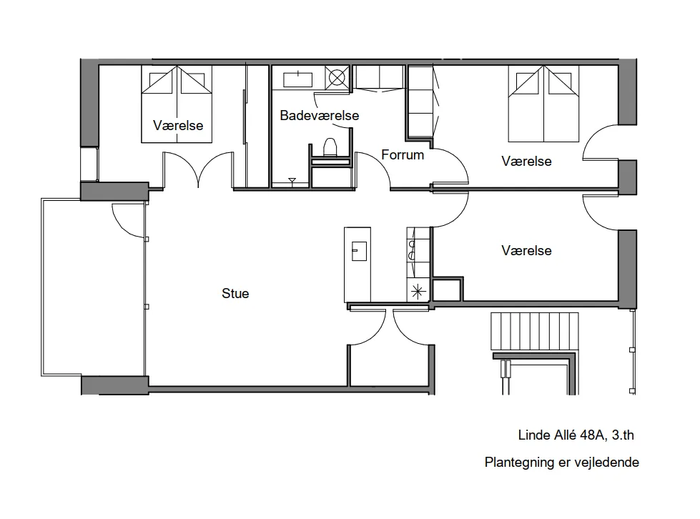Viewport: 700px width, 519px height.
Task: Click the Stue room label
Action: [235, 293]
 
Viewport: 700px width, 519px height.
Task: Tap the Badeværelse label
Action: [319, 115]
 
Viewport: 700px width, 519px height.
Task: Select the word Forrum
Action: [403, 155]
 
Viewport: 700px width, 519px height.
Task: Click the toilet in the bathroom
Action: [330, 147]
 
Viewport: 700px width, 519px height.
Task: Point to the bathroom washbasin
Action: [297, 79]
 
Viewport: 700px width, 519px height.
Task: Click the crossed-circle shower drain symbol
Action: [337, 78]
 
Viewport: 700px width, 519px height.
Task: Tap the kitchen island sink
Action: [359, 251]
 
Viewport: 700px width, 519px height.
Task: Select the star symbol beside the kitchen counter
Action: [418, 292]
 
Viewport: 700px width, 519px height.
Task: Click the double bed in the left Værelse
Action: [177, 104]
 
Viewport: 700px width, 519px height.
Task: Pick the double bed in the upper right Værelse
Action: [543, 104]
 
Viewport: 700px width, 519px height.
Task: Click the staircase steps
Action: [534, 332]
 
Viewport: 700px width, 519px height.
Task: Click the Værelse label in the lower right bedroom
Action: [526, 250]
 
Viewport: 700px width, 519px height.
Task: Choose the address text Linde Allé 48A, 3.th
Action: [576, 435]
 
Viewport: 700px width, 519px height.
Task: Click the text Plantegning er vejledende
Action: [561, 462]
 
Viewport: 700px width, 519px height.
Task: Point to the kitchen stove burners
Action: [412, 250]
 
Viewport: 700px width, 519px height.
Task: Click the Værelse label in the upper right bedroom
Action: [526, 161]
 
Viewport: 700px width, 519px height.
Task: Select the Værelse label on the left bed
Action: [178, 125]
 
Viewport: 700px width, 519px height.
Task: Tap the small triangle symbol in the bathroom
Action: [292, 181]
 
